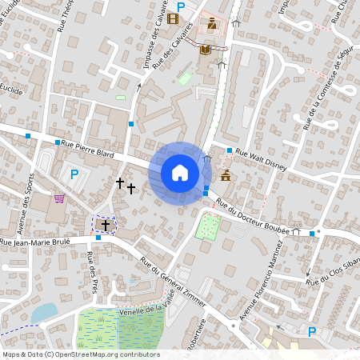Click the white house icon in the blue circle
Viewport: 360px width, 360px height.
point(180,173)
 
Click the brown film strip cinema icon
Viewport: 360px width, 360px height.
point(174,19)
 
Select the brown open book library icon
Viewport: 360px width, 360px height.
point(205,50)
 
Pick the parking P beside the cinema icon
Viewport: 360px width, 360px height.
point(181,6)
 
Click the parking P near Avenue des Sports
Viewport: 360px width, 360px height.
point(74,174)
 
